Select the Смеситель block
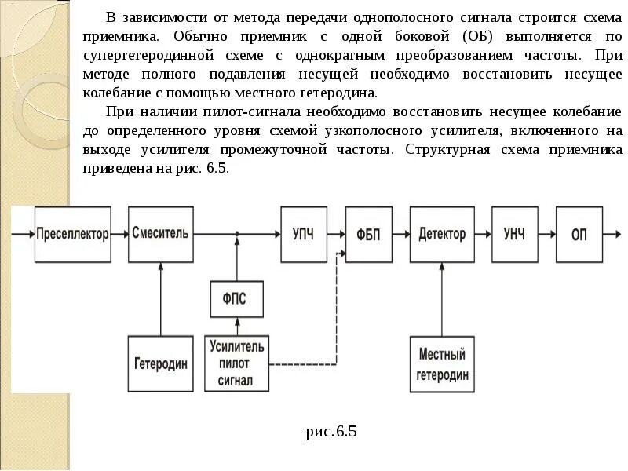pos(160,234)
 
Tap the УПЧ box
pos(303,234)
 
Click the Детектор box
pos(442,234)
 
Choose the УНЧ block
pos(514,234)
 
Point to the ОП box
pos(579,234)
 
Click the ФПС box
pos(237,299)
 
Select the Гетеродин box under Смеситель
pos(160,363)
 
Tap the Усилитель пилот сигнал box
pos(237,363)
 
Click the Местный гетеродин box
pos(442,363)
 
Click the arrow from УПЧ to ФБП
pos(335,234)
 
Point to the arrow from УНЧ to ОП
pos(546,234)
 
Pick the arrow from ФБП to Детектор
pos(400,234)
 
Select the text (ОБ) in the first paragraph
pos(481,37)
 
